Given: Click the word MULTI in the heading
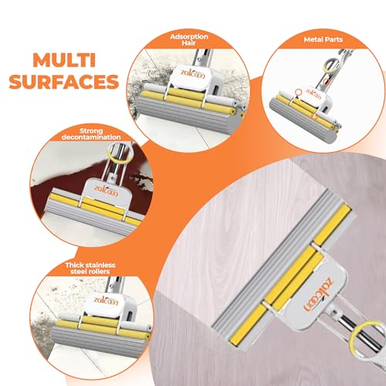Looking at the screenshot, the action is pyautogui.click(x=64, y=60).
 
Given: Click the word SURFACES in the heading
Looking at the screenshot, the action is pyautogui.click(x=64, y=82).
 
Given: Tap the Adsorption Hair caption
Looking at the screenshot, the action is pyautogui.click(x=189, y=39).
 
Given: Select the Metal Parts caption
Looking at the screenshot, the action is pyautogui.click(x=323, y=39).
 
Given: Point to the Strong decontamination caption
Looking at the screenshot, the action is pyautogui.click(x=91, y=134).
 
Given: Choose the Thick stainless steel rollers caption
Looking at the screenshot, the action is pyautogui.click(x=90, y=268).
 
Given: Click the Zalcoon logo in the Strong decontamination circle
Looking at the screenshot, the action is pyautogui.click(x=106, y=191).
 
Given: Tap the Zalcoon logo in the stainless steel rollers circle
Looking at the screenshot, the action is pyautogui.click(x=106, y=300).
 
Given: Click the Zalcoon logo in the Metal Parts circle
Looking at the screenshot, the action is pyautogui.click(x=313, y=94).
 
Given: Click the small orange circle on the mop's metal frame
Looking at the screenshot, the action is pyautogui.click(x=298, y=92).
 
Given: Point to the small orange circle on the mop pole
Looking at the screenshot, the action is pyautogui.click(x=327, y=82).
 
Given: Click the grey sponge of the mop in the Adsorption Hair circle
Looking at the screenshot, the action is pyautogui.click(x=184, y=116).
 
